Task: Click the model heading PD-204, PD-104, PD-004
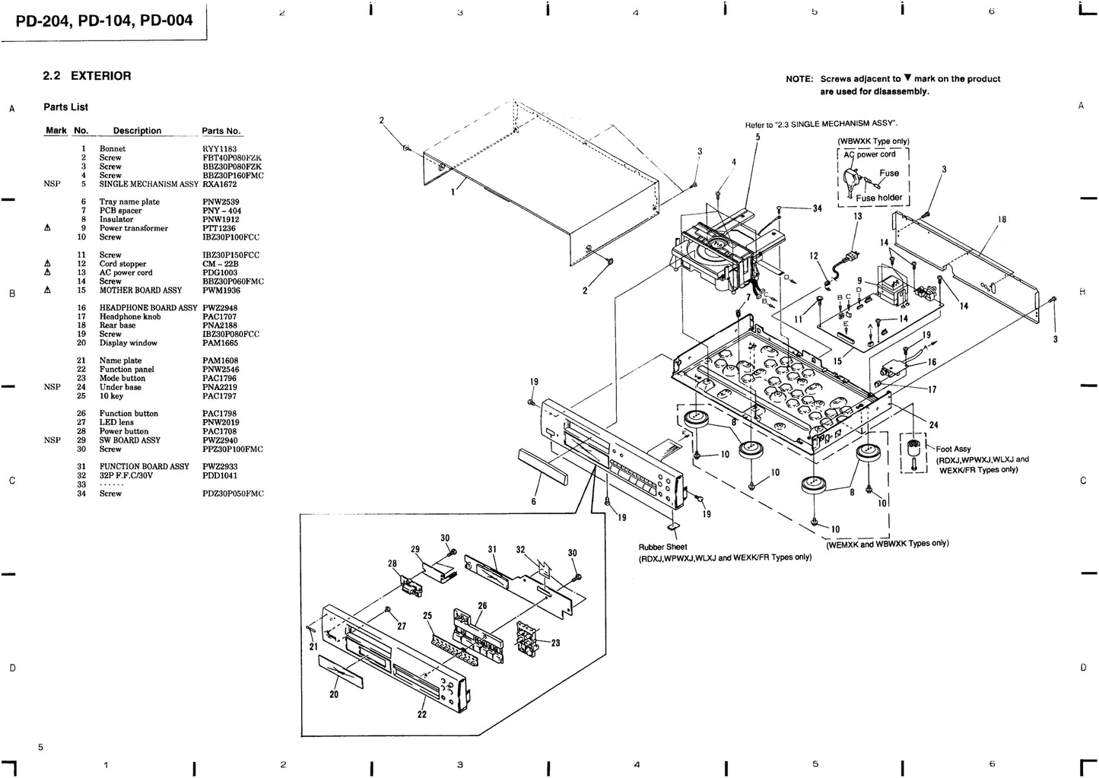click(x=104, y=21)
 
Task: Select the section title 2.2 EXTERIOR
click(x=87, y=76)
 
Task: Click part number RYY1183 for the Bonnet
click(x=219, y=149)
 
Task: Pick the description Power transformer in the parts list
click(x=133, y=228)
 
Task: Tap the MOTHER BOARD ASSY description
click(x=140, y=291)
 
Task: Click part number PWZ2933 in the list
click(x=220, y=467)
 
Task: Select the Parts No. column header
click(x=221, y=131)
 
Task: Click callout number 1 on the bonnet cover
click(x=453, y=192)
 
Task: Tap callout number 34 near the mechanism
click(x=817, y=208)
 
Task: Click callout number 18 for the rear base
click(x=1002, y=220)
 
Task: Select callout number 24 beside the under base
click(x=933, y=425)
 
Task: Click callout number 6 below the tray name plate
click(x=533, y=502)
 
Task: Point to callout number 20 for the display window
click(x=333, y=694)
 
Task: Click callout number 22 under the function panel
click(x=421, y=714)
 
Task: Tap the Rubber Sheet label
click(x=662, y=547)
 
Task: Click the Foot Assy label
click(x=953, y=449)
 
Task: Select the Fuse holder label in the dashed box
click(x=878, y=198)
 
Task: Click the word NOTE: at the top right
click(x=799, y=79)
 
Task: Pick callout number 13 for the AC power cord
click(x=857, y=217)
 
